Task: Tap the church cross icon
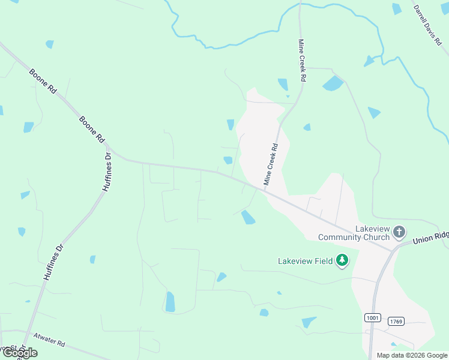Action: click(x=399, y=232)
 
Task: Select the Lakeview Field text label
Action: click(x=305, y=261)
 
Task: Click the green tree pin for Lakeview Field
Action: click(x=342, y=260)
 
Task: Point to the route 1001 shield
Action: click(x=372, y=317)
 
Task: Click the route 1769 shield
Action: click(x=396, y=322)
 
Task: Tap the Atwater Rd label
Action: click(x=49, y=340)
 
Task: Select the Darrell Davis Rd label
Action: click(x=427, y=26)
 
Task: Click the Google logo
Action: click(x=19, y=353)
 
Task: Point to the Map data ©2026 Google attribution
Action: click(x=412, y=355)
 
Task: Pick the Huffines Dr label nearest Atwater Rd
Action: click(x=53, y=263)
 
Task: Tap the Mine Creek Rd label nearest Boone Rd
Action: click(x=271, y=163)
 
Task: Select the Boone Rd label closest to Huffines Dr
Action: click(x=92, y=128)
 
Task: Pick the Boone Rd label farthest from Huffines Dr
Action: click(x=43, y=80)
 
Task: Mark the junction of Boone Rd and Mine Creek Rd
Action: click(x=264, y=190)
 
